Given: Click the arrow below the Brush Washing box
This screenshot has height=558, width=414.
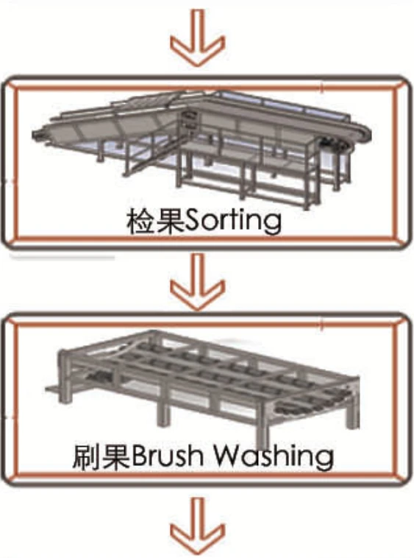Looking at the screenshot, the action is click(197, 526).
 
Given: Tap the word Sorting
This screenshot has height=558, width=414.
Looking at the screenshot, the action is click(234, 222).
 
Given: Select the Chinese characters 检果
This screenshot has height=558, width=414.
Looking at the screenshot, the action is click(156, 222).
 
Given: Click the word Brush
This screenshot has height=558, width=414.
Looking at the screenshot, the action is click(168, 456).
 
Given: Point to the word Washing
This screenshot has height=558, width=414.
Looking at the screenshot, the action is click(273, 456).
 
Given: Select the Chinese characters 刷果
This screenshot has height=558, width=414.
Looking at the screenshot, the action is click(101, 456).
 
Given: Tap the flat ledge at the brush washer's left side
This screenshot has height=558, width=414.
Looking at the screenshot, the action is click(53, 389).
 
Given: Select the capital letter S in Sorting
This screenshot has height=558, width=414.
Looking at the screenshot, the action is click(193, 222).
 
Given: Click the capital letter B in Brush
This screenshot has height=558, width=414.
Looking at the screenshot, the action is click(138, 456).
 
